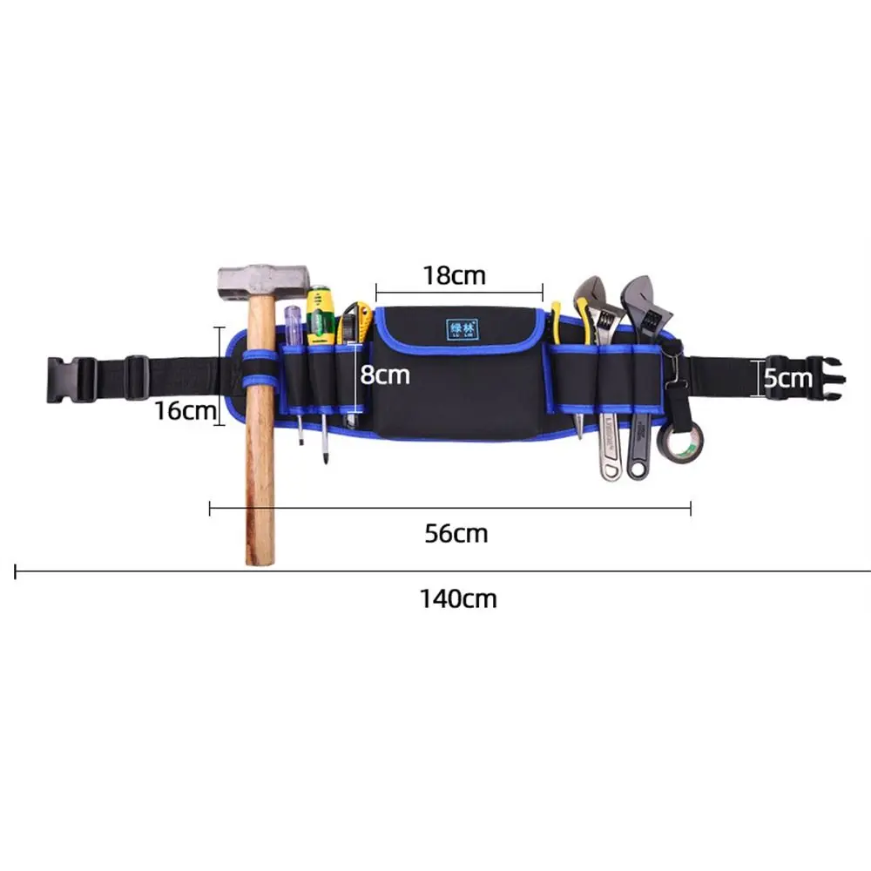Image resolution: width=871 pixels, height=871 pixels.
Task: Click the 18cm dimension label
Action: pyautogui.click(x=454, y=275)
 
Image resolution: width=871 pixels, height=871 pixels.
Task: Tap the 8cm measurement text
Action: pyautogui.click(x=385, y=375)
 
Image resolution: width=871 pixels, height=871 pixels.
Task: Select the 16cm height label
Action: pyautogui.click(x=185, y=409)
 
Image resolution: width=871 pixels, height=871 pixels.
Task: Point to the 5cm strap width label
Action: pyautogui.click(x=787, y=378)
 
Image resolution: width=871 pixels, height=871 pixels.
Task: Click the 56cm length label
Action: pyautogui.click(x=456, y=533)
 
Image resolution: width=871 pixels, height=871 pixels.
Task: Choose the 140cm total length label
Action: pyautogui.click(x=457, y=598)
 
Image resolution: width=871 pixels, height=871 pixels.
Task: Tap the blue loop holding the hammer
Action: pyautogui.click(x=259, y=369)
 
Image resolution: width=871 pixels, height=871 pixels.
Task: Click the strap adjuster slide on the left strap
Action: pyautogui.click(x=137, y=377)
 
